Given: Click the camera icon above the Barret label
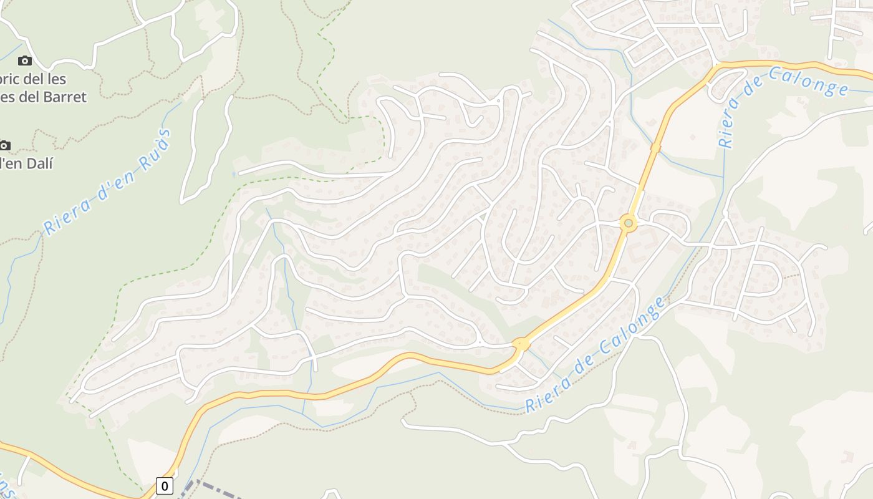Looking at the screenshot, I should (25, 61).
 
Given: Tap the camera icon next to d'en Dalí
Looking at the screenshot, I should (4, 145).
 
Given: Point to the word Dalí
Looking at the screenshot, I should (39, 163).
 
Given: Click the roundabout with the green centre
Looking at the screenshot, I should (629, 223).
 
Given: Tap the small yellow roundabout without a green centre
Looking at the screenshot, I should (521, 344).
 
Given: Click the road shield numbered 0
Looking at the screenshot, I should (165, 486).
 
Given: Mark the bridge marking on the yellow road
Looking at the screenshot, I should (655, 148).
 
